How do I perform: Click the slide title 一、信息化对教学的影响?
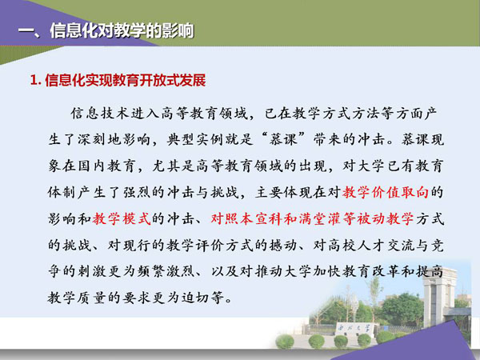point(106,31)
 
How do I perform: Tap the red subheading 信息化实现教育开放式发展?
point(126,81)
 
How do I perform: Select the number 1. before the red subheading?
point(35,81)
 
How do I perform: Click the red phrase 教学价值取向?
point(385,193)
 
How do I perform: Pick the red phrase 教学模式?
point(122,219)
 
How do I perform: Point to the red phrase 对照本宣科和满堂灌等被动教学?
point(312,219)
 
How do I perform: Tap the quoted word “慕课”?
point(283,139)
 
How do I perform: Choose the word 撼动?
point(283,246)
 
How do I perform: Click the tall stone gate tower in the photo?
point(438,296)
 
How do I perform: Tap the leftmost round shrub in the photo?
point(285,342)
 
